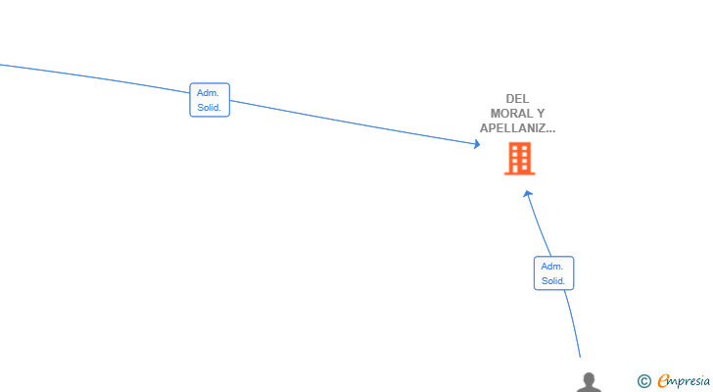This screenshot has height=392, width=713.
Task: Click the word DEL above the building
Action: coord(517,99)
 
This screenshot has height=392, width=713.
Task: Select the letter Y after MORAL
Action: coord(541,114)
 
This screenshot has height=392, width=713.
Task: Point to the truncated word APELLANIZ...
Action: coord(517,128)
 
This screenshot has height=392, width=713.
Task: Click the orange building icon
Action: coord(520,158)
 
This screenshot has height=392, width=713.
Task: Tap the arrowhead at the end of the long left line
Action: coord(477,144)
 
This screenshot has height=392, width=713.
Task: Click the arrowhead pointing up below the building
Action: coord(528,194)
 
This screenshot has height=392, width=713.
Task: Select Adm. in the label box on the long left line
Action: coord(208,93)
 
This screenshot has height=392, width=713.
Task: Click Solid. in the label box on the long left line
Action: coord(209,108)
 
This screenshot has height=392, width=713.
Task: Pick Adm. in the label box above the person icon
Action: coord(552,266)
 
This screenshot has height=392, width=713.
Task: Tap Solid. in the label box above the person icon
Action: coord(553,281)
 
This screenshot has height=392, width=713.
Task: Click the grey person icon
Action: coord(589,382)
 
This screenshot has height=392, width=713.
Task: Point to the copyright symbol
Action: coord(643,381)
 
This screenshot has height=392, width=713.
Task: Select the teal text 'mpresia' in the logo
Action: coord(689,381)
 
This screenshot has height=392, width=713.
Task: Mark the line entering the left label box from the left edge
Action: coord(95,77)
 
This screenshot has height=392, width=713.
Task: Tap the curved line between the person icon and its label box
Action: coord(573,323)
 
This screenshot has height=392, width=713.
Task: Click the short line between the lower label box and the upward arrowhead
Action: coord(540,225)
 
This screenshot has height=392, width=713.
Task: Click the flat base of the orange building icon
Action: coord(520,173)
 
